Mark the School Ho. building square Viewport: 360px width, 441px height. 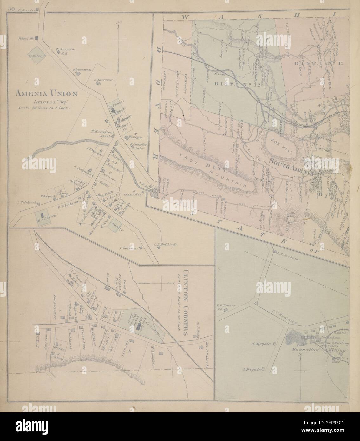[36, 38]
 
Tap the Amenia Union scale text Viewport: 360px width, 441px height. [45, 108]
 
